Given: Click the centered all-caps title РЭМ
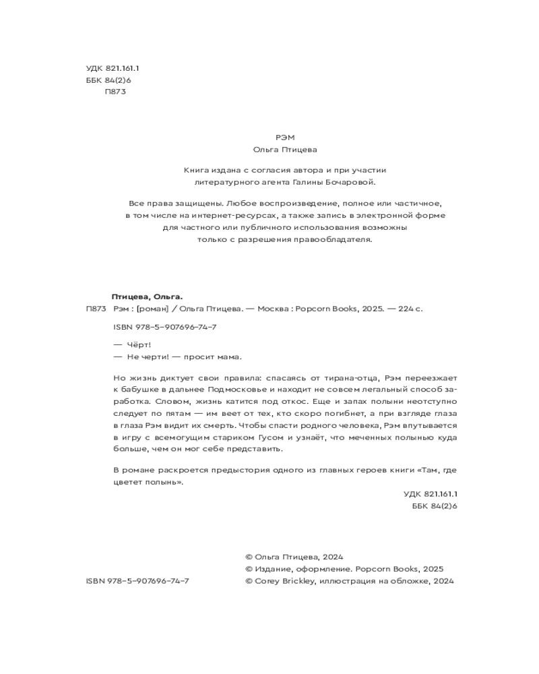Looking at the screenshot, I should pyautogui.click(x=285, y=137).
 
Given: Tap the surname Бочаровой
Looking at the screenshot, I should pyautogui.click(x=347, y=182).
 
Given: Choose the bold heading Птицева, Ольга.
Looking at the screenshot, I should pyautogui.click(x=146, y=297).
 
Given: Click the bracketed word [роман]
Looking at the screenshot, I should pyautogui.click(x=152, y=309).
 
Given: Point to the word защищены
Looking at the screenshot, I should pyautogui.click(x=199, y=203).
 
